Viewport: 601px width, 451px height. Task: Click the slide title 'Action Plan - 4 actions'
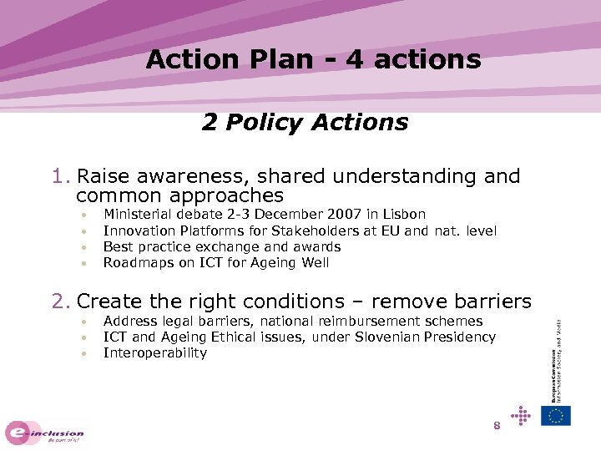click(x=313, y=59)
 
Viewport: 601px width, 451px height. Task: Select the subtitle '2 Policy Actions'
click(x=305, y=123)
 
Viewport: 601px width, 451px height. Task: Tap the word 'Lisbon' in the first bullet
click(x=404, y=215)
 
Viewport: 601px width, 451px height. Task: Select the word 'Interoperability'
click(x=154, y=352)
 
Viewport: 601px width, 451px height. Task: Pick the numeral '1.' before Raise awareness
click(x=61, y=176)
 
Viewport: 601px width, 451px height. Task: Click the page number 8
click(x=497, y=426)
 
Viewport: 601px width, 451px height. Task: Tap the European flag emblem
click(x=555, y=415)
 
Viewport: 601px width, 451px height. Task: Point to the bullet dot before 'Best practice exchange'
click(x=85, y=248)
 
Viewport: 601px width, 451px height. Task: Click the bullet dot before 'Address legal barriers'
click(x=85, y=322)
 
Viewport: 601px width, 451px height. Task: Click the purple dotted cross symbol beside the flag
click(x=521, y=414)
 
